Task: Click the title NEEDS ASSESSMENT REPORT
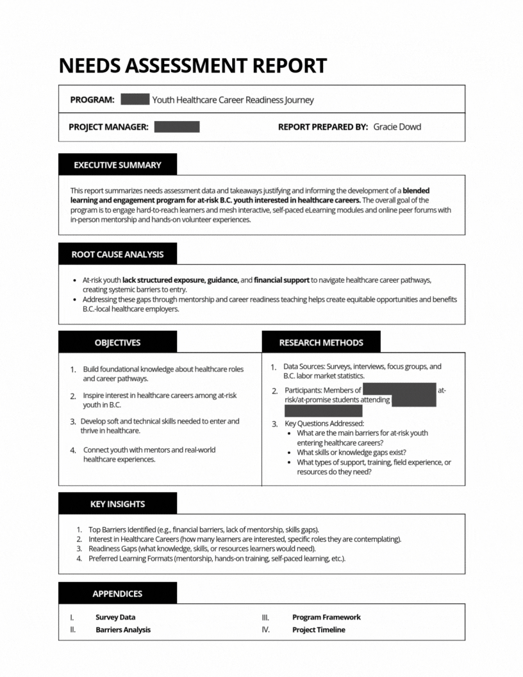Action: coord(192,65)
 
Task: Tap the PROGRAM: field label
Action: coord(92,100)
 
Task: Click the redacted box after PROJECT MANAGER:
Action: coord(177,127)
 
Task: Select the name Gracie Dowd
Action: coord(397,127)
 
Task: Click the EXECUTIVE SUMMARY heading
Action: coord(117,165)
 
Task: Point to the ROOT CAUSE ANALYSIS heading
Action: coord(117,254)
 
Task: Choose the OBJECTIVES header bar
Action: coord(117,342)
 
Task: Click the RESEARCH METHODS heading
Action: coord(321,342)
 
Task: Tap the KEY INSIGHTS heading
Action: coord(117,504)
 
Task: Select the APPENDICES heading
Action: coord(117,594)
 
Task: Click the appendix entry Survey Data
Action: coord(115,617)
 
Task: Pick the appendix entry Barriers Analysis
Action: coord(123,630)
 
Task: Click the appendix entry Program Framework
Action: coord(326,617)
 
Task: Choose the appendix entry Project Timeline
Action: coord(319,630)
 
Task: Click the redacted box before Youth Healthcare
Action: coord(135,100)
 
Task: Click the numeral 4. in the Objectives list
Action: coord(73,450)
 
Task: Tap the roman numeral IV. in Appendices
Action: coord(265,630)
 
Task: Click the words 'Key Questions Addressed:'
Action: coord(324,423)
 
